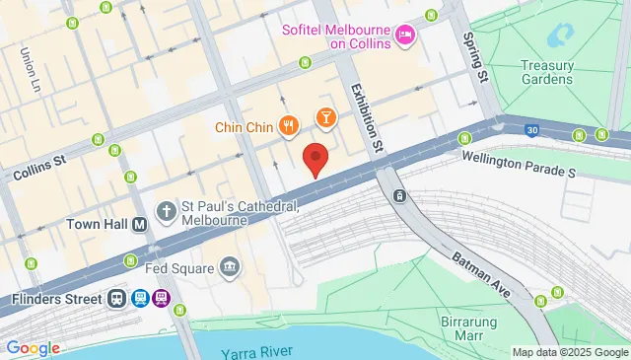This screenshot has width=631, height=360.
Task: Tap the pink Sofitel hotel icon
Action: (404, 36)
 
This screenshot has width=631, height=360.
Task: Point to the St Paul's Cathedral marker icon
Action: (166, 211)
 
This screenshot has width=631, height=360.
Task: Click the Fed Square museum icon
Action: (230, 267)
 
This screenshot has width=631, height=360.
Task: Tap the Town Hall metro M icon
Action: (140, 225)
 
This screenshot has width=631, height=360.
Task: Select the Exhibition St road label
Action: (364, 115)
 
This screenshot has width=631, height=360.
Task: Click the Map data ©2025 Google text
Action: (570, 352)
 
